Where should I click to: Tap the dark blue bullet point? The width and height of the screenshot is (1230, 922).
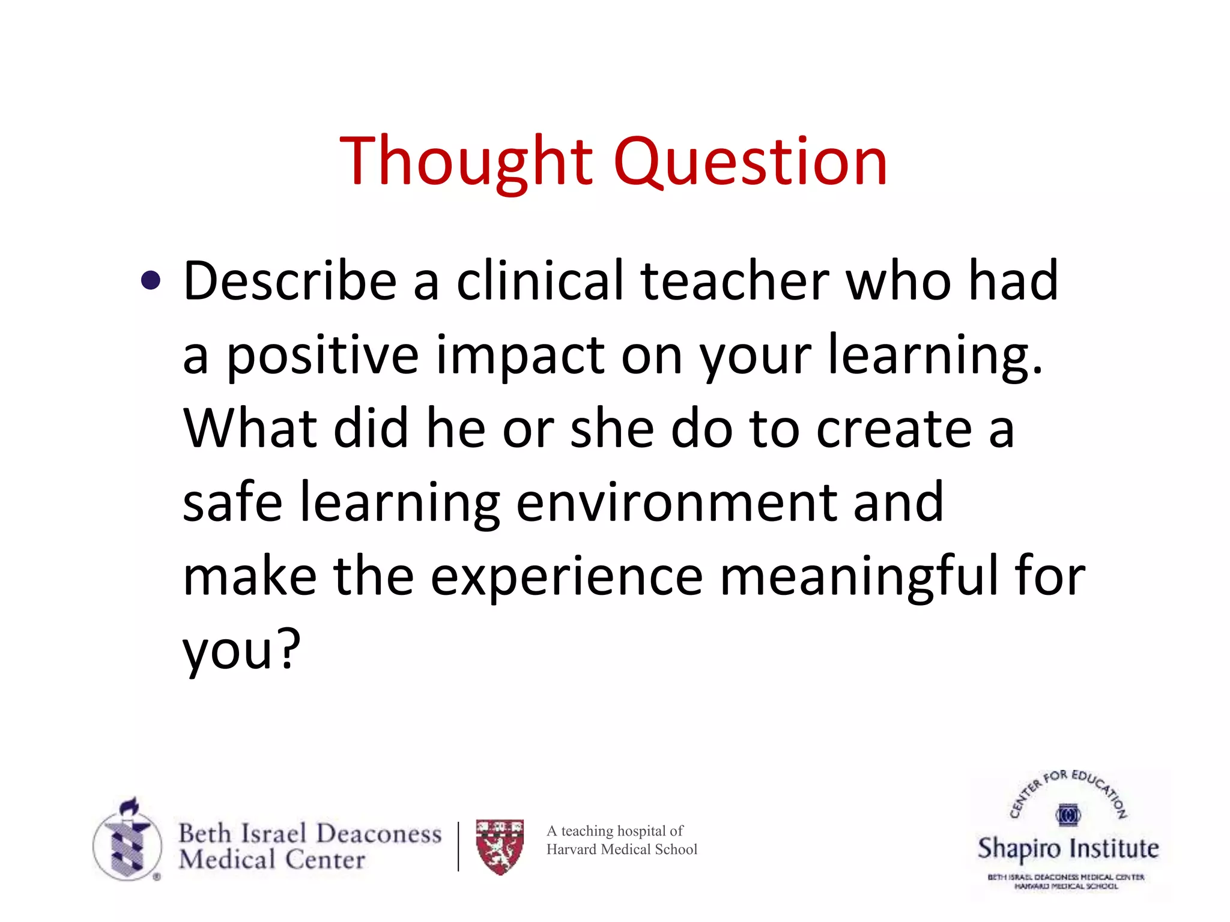151,280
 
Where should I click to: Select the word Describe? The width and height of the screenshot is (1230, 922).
289,281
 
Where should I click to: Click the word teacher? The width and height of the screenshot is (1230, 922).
735,281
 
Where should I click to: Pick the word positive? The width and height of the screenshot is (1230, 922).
322,356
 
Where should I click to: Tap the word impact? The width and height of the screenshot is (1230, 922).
520,356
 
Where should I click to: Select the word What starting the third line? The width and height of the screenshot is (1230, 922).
250,429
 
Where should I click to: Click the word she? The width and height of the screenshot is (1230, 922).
612,429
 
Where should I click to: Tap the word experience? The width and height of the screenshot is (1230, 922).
566,576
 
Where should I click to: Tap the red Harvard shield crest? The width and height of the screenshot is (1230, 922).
500,846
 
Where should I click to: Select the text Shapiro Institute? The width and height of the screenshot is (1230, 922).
1068,849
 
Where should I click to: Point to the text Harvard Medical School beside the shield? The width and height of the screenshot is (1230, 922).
622,849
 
